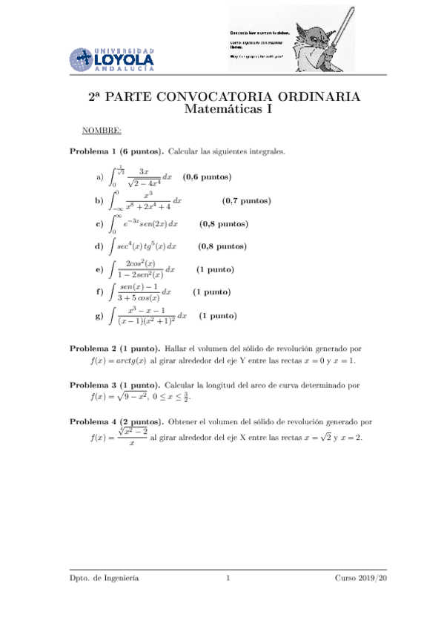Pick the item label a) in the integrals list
click(99, 178)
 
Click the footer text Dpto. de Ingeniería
click(103, 578)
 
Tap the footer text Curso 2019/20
click(361, 578)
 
